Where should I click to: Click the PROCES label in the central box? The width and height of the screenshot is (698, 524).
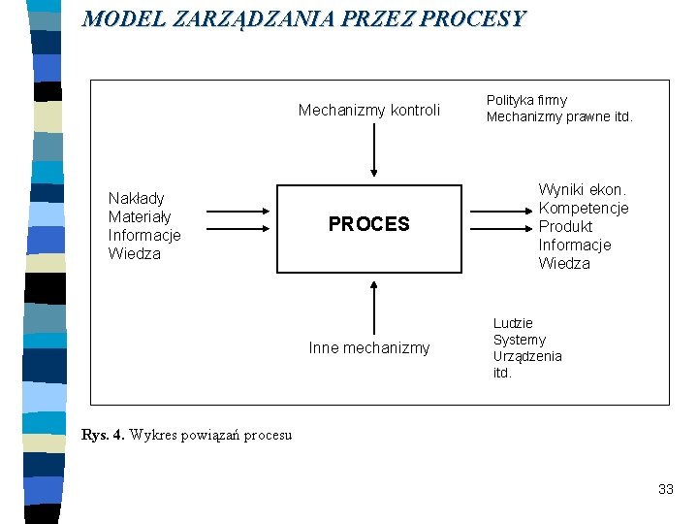tap(369, 224)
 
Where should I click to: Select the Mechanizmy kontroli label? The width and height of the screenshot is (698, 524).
tap(369, 110)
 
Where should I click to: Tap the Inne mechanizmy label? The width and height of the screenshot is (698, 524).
tap(369, 347)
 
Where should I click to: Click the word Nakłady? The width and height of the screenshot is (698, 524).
tap(137, 198)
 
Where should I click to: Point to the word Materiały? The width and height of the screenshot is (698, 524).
tap(140, 216)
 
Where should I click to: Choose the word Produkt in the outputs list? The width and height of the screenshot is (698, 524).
tap(565, 226)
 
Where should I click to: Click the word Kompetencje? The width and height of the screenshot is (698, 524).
tap(584, 208)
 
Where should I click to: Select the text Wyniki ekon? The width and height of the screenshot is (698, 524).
tap(583, 189)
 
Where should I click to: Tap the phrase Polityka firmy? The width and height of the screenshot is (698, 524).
tap(526, 100)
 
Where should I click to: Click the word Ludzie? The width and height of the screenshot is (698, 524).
tap(513, 323)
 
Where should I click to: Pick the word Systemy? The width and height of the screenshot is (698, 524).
tap(520, 340)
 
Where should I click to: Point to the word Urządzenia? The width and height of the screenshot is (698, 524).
tap(527, 356)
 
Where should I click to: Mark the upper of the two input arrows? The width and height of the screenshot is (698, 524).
tap(238, 210)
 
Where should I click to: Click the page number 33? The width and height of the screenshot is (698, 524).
tap(665, 489)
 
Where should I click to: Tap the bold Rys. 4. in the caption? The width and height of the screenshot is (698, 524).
tap(103, 434)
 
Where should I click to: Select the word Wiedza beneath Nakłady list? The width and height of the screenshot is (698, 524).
tap(135, 253)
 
